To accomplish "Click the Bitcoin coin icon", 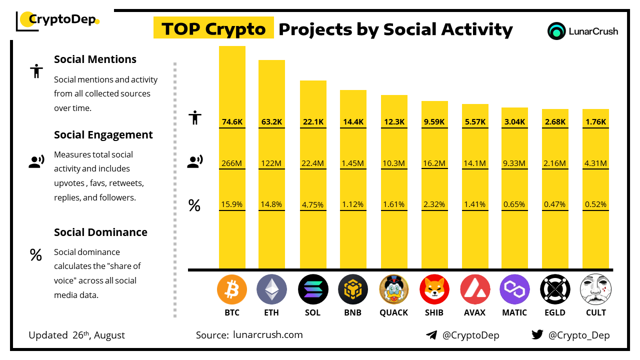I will (232, 289).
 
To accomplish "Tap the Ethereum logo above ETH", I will (271, 289).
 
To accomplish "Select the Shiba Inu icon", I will (434, 289).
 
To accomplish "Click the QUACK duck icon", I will (394, 289).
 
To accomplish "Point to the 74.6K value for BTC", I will (232, 122).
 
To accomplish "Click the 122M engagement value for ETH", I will (271, 163).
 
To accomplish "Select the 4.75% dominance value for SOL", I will (313, 204).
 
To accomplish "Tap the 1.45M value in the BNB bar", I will (353, 163).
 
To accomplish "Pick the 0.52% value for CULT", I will (595, 204).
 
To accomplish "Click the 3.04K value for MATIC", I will (514, 122).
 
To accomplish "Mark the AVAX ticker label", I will (474, 312).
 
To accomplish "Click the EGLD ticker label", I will (555, 312).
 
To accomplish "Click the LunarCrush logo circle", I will (556, 31).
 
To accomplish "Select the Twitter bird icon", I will (537, 335).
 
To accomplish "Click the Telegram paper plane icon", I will (431, 335).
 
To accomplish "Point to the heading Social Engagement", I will (103, 134).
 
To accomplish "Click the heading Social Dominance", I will (100, 232).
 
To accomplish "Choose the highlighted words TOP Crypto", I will (213, 29).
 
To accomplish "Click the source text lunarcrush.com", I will (267, 335).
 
